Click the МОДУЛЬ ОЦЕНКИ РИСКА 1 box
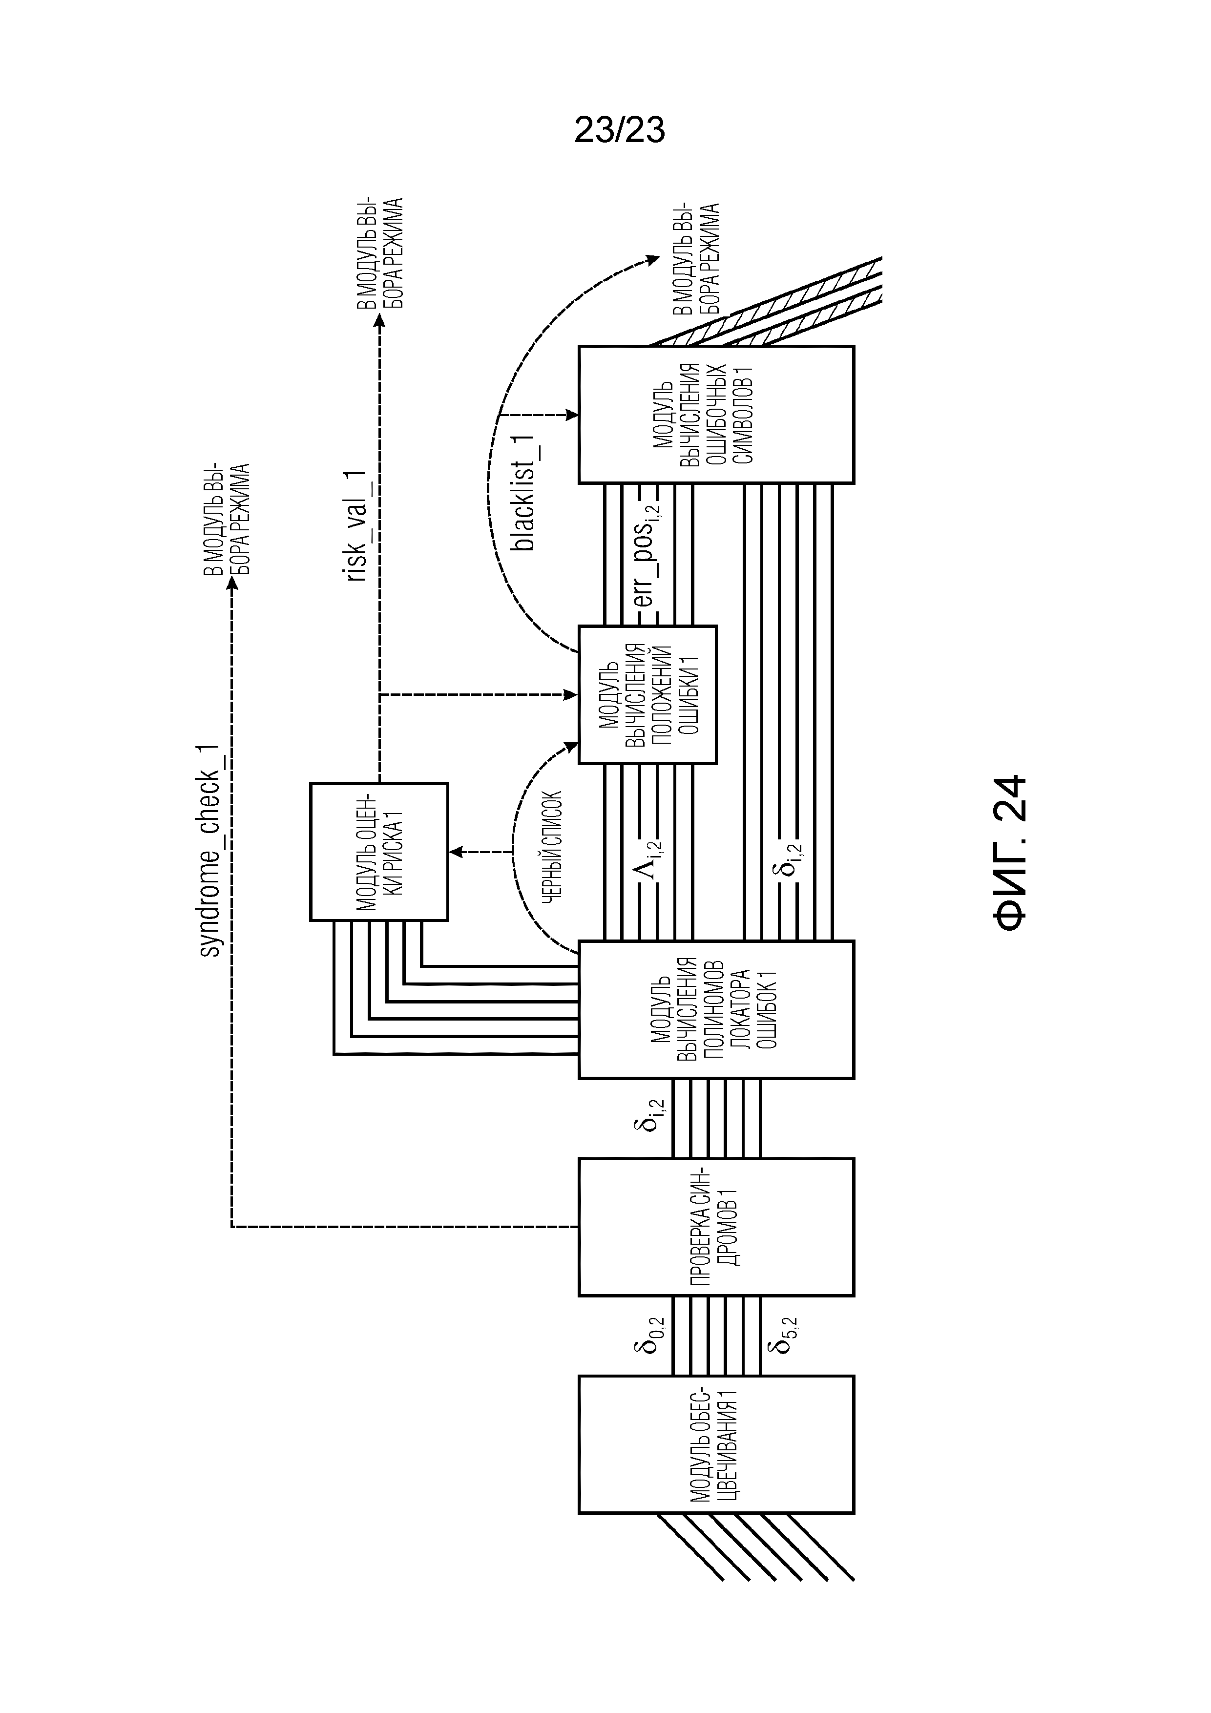click(379, 851)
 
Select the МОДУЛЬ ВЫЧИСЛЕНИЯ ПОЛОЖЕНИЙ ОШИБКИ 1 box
click(647, 694)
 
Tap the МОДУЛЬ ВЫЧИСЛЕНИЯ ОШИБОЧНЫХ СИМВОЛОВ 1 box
click(716, 414)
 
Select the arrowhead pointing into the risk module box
click(455, 851)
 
